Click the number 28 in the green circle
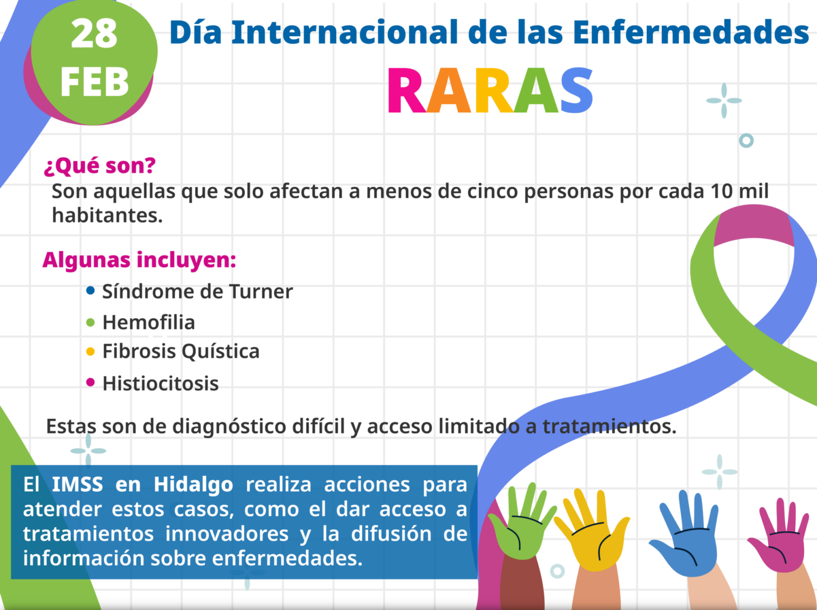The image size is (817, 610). pos(94,34)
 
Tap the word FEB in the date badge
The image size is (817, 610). pos(95,82)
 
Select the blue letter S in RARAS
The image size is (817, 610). pos(577,90)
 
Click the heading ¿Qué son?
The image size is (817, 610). pos(100,166)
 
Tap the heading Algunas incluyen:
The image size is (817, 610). pos(139,260)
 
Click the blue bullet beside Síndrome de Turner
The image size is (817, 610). pos(90,291)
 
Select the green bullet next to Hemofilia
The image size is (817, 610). pos(90,322)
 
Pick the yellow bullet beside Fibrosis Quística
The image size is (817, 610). pos(90,351)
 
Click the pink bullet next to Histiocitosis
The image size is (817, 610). pos(90,382)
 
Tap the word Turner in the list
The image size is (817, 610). pos(261,291)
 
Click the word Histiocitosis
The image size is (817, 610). pos(161,383)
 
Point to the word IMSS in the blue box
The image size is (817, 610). pos(78,484)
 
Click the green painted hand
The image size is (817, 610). pos(522,521)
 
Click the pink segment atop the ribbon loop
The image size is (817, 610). pos(753,225)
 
